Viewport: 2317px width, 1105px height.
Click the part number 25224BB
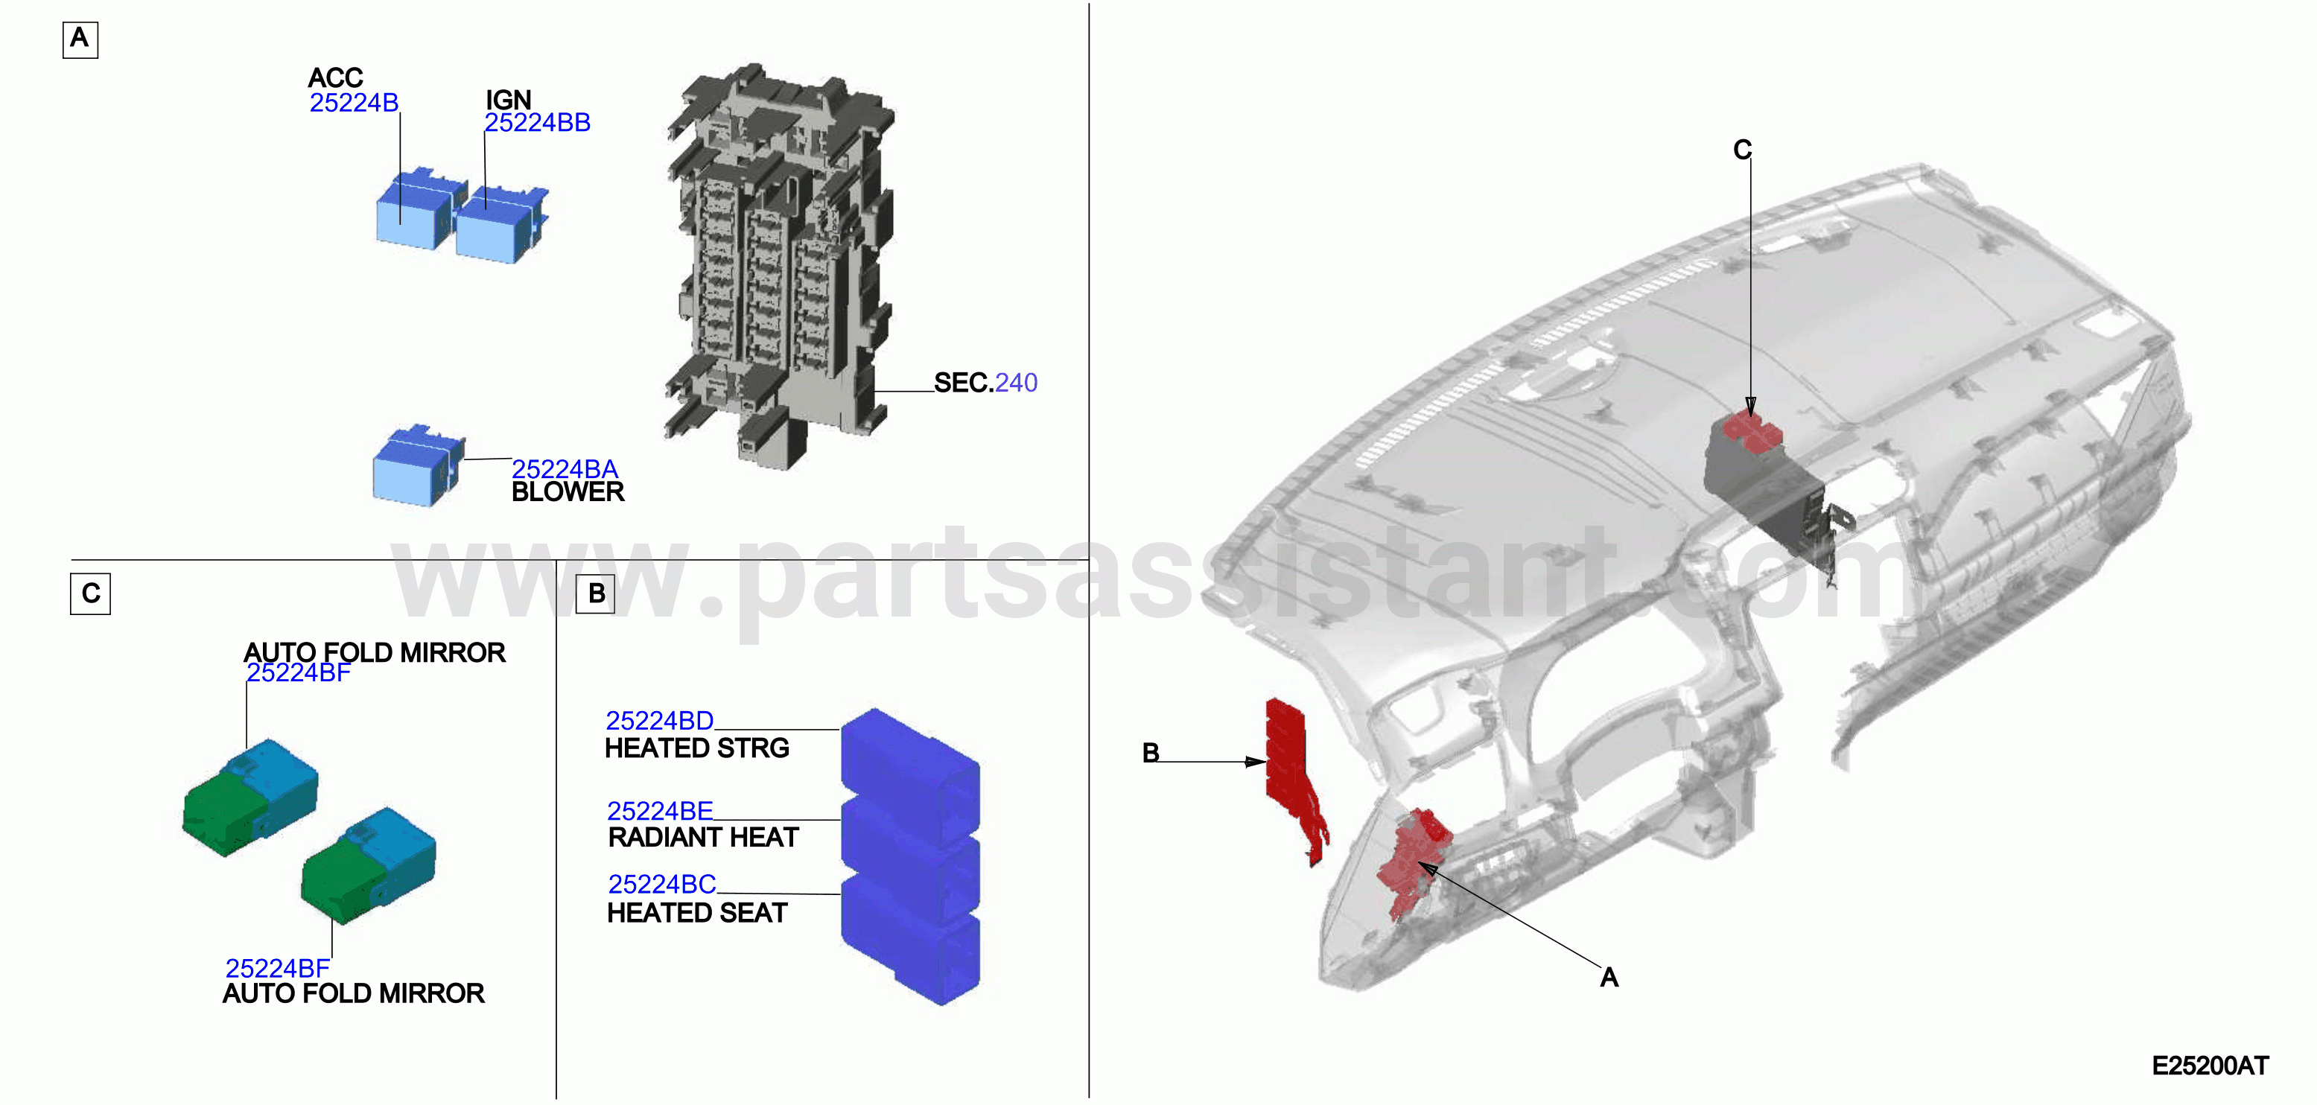[x=537, y=122]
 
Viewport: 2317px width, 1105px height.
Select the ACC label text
[x=335, y=77]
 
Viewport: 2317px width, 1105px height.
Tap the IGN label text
[x=508, y=99]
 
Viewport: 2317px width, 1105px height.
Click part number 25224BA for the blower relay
[x=565, y=468]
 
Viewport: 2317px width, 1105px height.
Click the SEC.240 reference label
[x=986, y=382]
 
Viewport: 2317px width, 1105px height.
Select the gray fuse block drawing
[x=779, y=266]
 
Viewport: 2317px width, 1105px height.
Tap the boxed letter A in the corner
[x=80, y=39]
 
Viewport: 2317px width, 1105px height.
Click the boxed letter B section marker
[x=595, y=594]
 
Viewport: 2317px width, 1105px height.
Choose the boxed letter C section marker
[x=90, y=594]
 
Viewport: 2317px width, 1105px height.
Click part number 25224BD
[x=659, y=720]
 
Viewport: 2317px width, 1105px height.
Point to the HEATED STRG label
[x=697, y=748]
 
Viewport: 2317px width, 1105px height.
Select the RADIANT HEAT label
[x=703, y=837]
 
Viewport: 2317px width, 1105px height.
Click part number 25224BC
[x=662, y=885]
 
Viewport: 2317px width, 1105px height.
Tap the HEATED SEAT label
[x=697, y=913]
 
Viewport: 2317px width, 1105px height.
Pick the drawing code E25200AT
[x=2210, y=1066]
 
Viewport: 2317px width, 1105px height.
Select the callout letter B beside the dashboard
[x=1151, y=753]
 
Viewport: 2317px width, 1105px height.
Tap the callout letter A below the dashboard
[x=1609, y=978]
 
